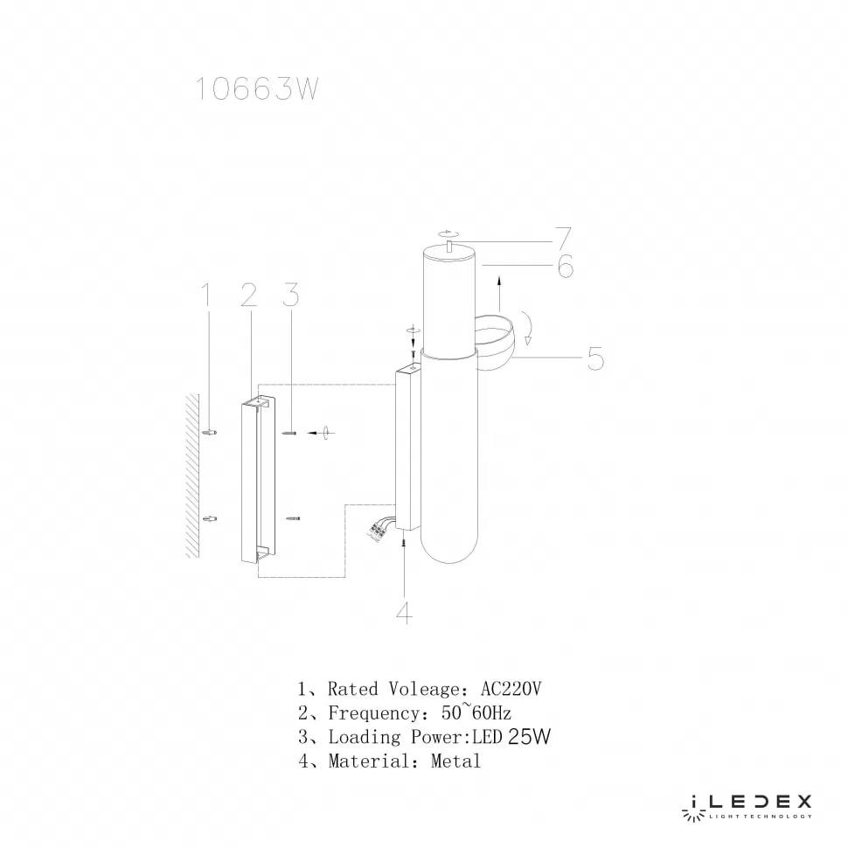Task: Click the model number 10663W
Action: coord(254,89)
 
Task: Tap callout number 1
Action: coord(207,296)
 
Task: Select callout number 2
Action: coord(247,296)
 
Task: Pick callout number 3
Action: coord(290,296)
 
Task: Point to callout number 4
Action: coord(403,613)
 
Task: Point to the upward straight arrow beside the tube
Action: coord(498,288)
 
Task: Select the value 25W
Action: coord(529,737)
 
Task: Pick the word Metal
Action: coord(455,761)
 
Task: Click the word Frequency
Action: coord(371,712)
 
